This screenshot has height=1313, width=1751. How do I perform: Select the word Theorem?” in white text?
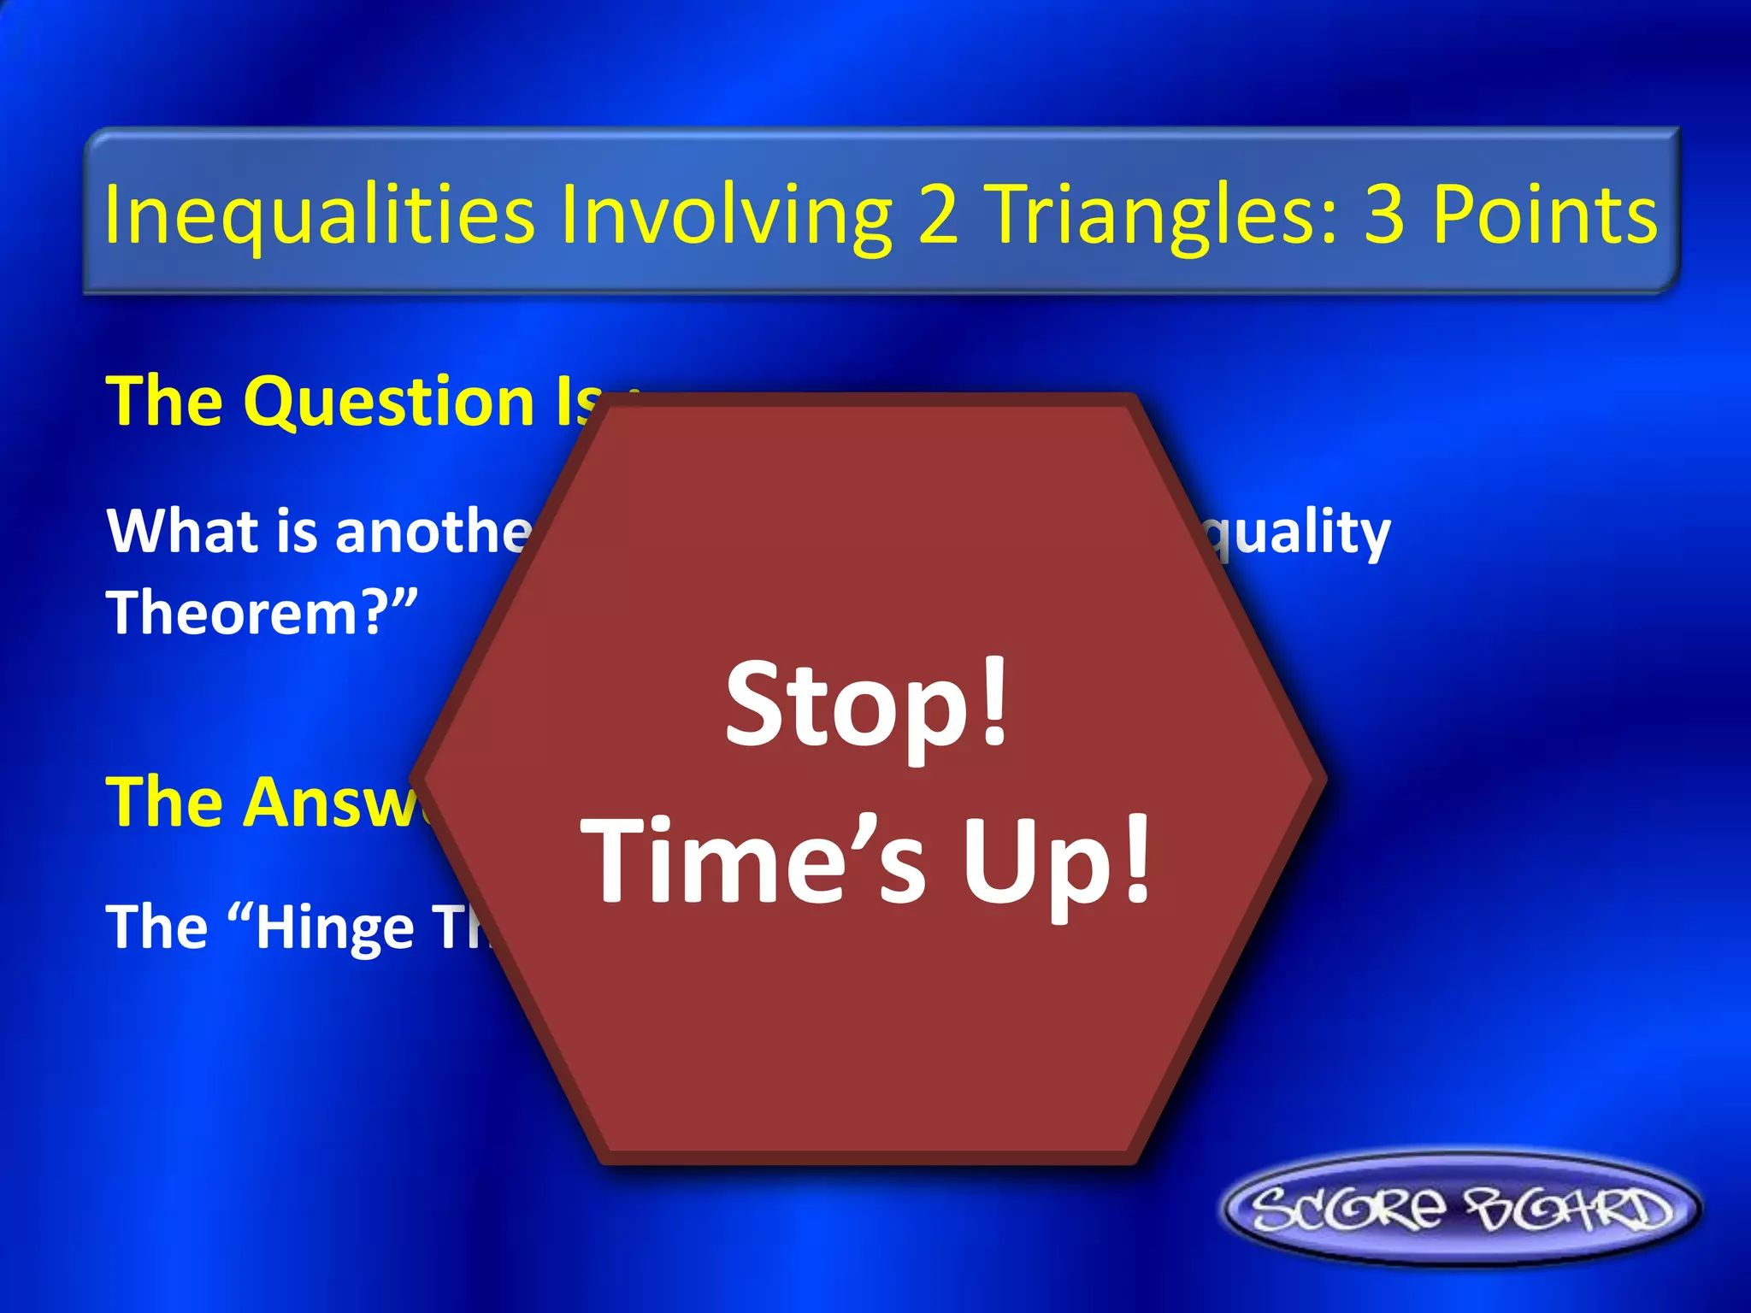[262, 613]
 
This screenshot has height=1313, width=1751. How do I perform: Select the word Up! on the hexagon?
[1057, 860]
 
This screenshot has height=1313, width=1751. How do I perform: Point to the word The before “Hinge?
[157, 927]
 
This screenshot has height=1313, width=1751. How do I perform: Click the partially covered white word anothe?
[432, 531]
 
